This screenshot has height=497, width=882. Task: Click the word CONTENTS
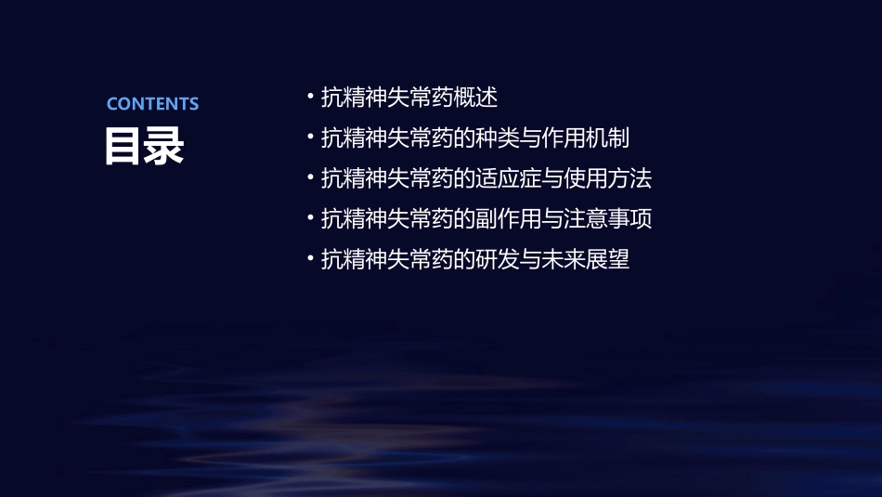[x=152, y=104]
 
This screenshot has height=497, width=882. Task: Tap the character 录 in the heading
[x=164, y=146]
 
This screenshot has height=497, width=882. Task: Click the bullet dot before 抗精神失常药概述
[x=309, y=97]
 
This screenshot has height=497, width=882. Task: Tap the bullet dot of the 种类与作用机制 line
[x=309, y=137]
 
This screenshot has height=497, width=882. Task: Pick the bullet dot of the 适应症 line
[x=309, y=177]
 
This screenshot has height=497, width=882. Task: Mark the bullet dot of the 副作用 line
[x=309, y=218]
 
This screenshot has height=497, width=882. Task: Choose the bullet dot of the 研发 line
[x=309, y=259]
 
